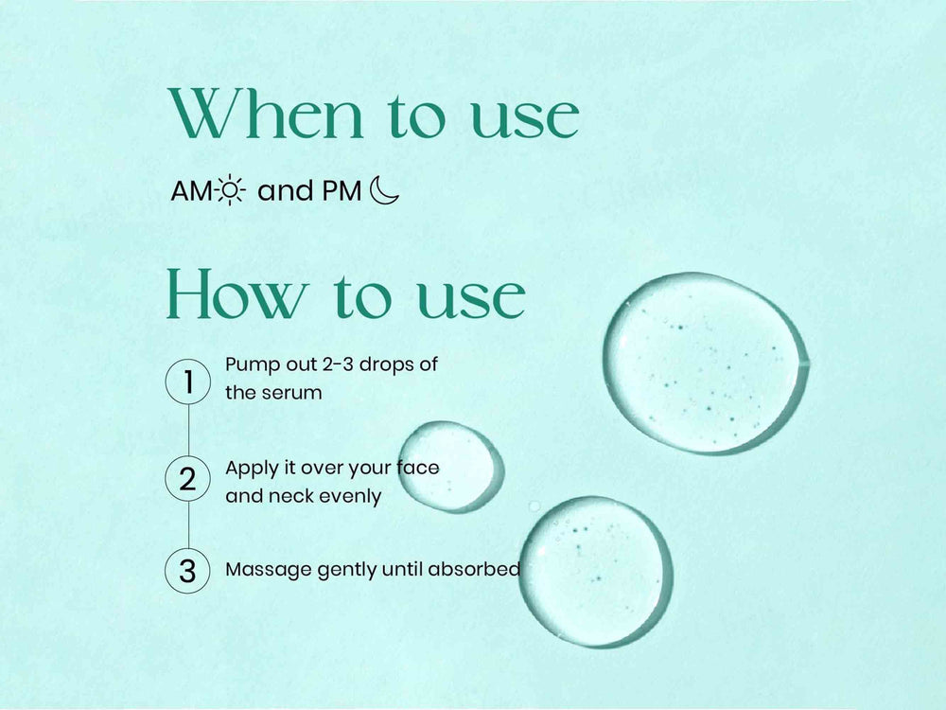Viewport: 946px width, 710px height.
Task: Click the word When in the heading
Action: [x=267, y=114]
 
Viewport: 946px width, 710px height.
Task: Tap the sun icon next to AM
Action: [x=229, y=190]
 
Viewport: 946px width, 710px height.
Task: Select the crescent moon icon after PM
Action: [x=384, y=190]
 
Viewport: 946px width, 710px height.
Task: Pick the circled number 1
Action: [x=187, y=382]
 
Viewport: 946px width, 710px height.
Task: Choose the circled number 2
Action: [x=187, y=479]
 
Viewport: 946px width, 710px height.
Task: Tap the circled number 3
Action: [x=187, y=571]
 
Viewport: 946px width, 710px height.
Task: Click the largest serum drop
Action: [x=706, y=363]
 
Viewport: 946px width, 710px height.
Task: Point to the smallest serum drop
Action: [x=450, y=467]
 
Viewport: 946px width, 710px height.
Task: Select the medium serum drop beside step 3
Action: [x=596, y=571]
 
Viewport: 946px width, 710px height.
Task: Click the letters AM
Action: [x=192, y=191]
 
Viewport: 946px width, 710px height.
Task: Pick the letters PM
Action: [x=342, y=191]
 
